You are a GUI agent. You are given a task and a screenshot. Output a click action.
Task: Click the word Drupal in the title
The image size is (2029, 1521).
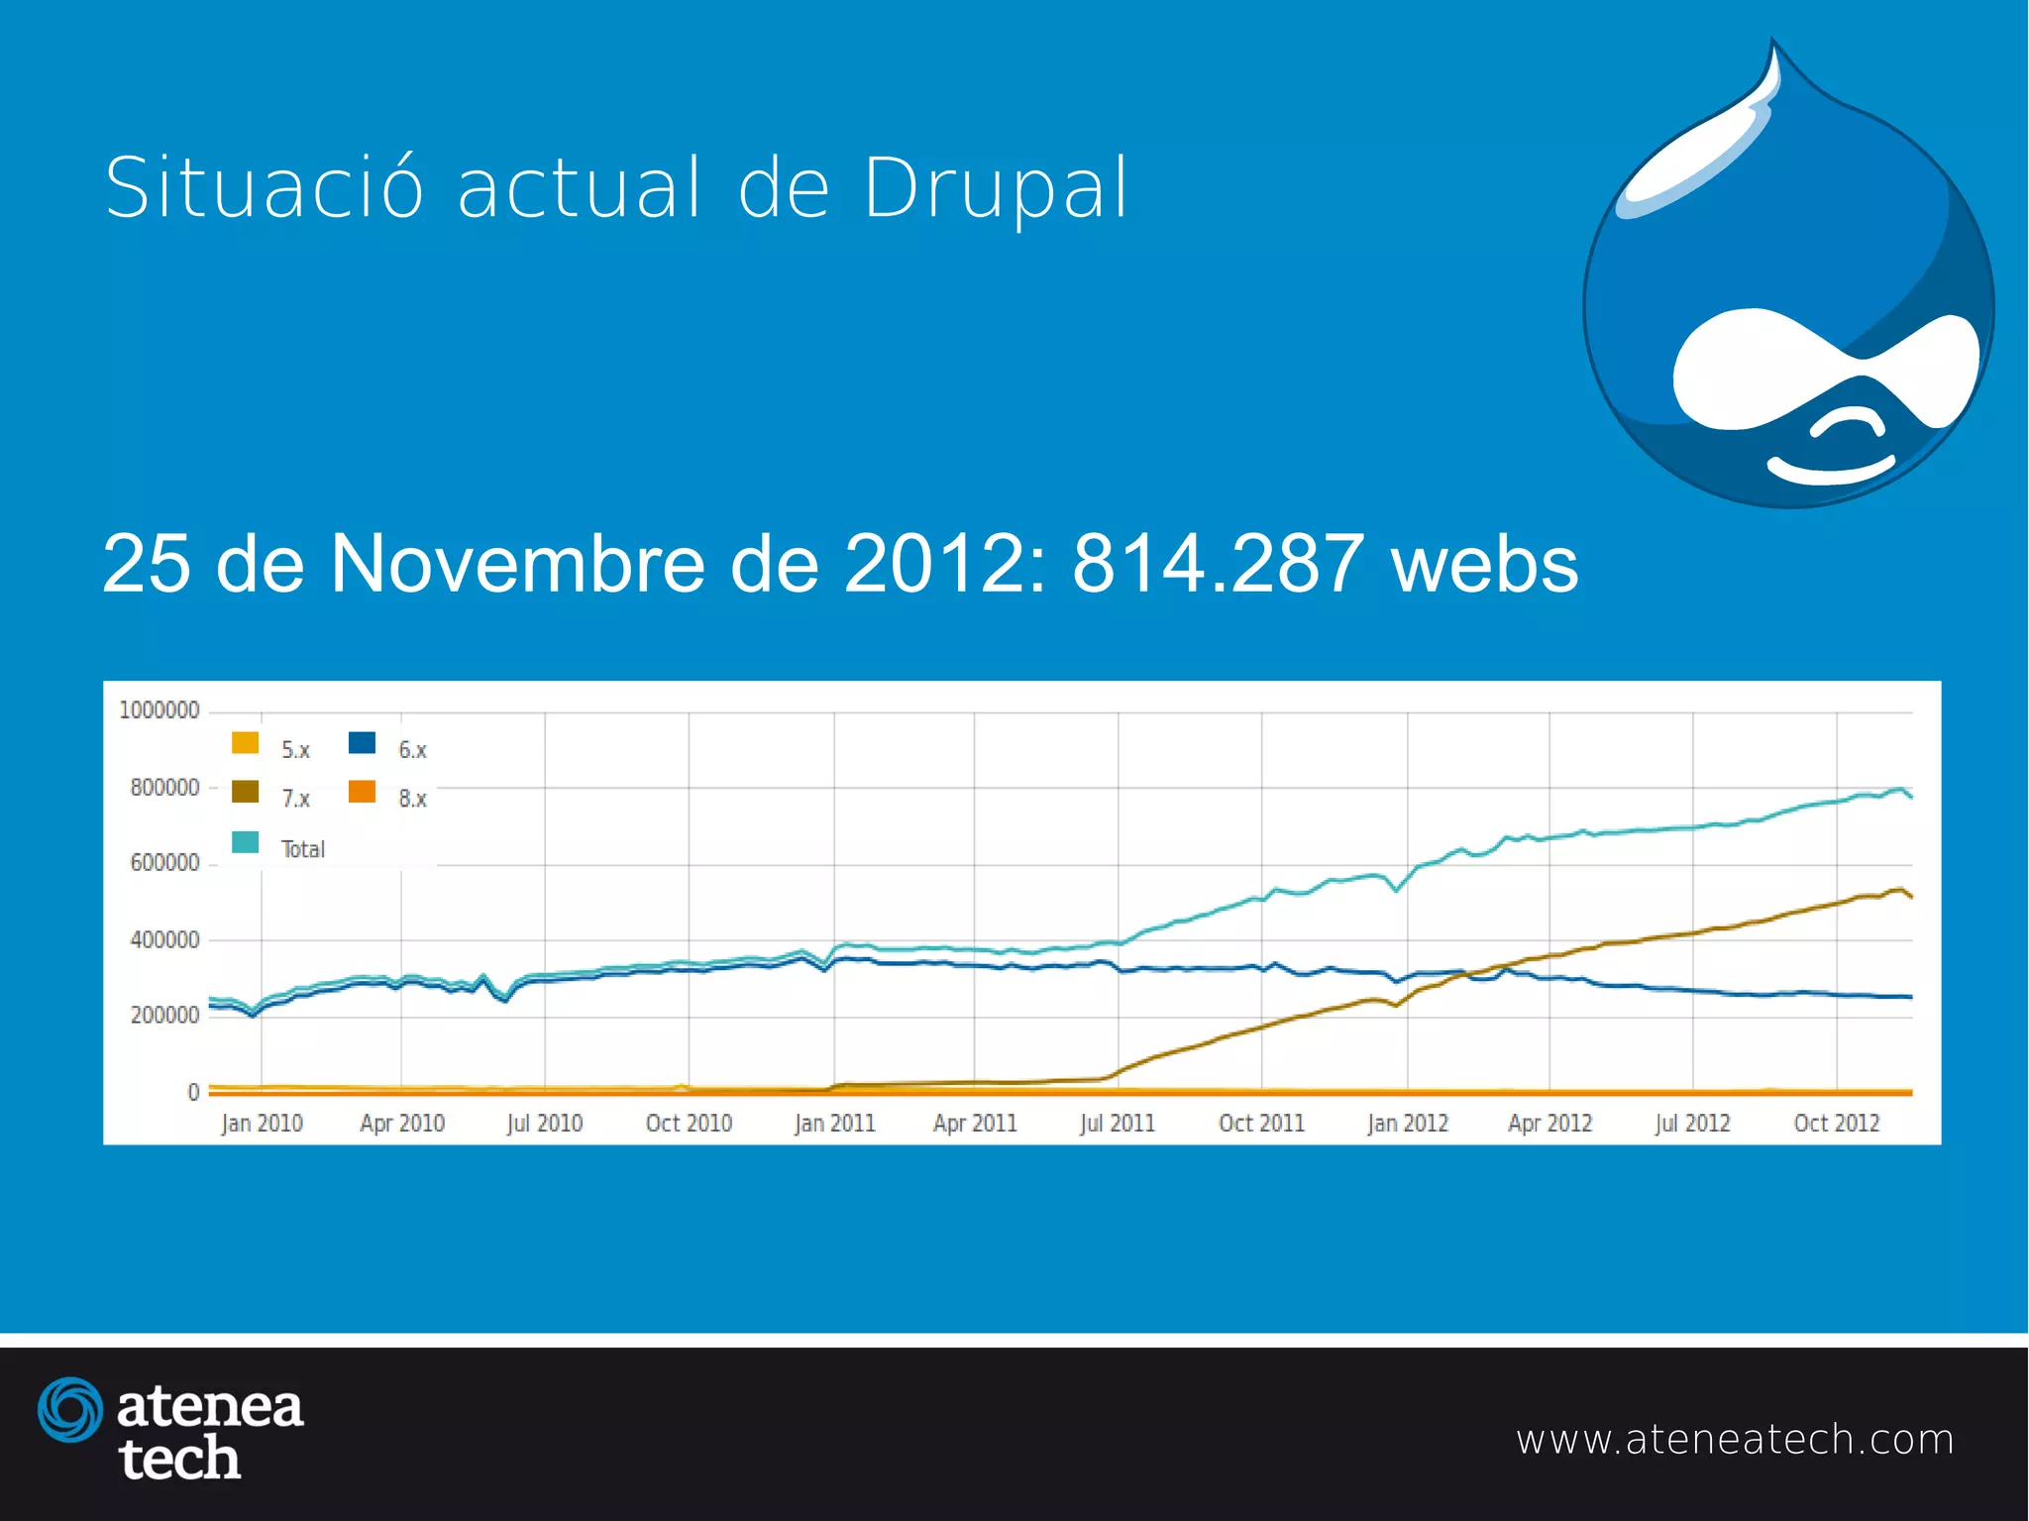pyautogui.click(x=996, y=188)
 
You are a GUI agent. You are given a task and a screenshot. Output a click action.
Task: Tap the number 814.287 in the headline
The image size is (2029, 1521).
pyautogui.click(x=1218, y=564)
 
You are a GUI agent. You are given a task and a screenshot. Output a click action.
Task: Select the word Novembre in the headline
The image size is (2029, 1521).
pyautogui.click(x=516, y=564)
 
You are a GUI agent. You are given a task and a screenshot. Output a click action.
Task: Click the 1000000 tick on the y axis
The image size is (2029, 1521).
pyautogui.click(x=159, y=710)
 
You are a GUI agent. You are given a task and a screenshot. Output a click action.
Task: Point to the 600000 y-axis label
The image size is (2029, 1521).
pyautogui.click(x=164, y=863)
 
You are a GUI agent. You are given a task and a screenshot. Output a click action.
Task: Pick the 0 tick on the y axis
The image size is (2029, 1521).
pyautogui.click(x=193, y=1092)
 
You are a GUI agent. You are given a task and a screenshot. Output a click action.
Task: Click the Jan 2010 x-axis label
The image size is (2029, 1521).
pyautogui.click(x=262, y=1124)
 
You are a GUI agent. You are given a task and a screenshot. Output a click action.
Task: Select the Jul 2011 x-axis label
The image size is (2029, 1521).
pyautogui.click(x=1118, y=1124)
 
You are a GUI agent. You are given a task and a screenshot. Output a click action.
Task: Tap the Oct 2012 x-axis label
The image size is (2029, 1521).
pyautogui.click(x=1836, y=1124)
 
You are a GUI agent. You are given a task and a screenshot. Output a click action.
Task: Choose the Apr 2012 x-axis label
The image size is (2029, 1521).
pyautogui.click(x=1549, y=1124)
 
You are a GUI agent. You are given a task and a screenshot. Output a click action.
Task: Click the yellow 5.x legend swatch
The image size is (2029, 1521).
pyautogui.click(x=245, y=743)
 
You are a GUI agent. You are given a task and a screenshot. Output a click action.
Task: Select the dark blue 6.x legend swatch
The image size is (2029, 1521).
pyautogui.click(x=362, y=743)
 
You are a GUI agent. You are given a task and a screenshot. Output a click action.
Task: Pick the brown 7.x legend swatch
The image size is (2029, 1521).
pyautogui.click(x=245, y=792)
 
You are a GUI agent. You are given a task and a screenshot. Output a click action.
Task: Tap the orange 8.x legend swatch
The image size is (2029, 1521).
pyautogui.click(x=362, y=792)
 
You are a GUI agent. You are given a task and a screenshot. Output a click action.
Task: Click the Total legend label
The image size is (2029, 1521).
pyautogui.click(x=302, y=849)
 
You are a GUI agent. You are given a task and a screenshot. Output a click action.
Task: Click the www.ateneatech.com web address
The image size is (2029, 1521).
pyautogui.click(x=1735, y=1440)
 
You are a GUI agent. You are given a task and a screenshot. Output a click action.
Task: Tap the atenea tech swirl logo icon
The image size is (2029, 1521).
pyautogui.click(x=69, y=1409)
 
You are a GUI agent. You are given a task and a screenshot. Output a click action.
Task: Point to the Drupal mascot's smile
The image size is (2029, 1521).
pyautogui.click(x=1831, y=470)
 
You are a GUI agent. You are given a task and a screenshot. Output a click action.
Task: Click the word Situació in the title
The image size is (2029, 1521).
pyautogui.click(x=265, y=187)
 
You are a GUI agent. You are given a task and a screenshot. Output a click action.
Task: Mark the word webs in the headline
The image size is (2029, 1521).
pyautogui.click(x=1484, y=564)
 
